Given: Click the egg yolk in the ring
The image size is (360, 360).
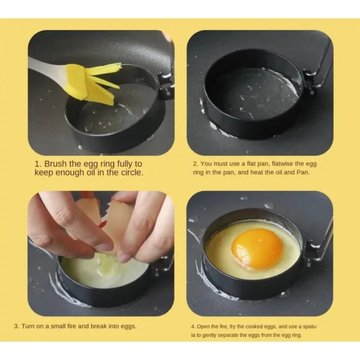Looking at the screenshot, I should pyautogui.click(x=257, y=248).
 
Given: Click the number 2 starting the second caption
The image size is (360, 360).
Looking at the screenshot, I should pyautogui.click(x=195, y=163).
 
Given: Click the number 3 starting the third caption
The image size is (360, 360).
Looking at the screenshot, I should pyautogui.click(x=16, y=326).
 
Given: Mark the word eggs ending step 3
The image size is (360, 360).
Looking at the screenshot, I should pyautogui.click(x=127, y=326).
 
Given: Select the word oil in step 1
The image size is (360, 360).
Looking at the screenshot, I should pyautogui.click(x=98, y=173).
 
